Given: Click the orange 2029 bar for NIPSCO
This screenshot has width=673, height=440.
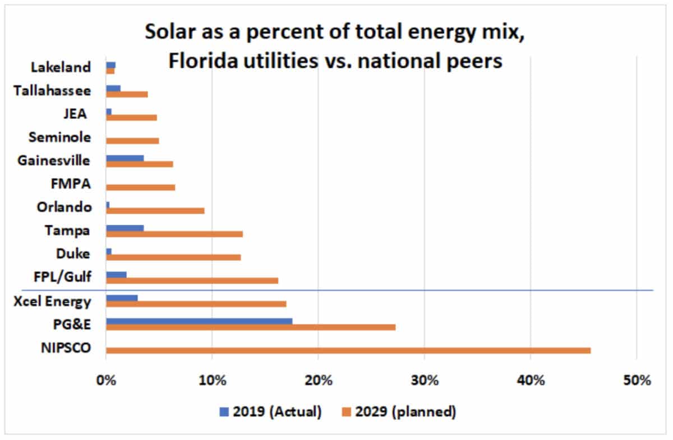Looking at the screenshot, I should point(348,350).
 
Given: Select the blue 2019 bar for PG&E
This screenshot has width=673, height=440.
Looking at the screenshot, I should point(199,321).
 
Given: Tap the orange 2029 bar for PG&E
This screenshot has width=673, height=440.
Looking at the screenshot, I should point(251,327).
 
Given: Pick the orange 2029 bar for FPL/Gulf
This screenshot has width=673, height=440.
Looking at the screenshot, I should point(192,280).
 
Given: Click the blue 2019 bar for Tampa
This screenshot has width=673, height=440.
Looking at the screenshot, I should point(125,228).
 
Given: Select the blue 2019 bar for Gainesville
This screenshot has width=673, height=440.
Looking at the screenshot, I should point(125,158).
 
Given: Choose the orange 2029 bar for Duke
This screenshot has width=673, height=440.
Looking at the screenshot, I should point(173,257).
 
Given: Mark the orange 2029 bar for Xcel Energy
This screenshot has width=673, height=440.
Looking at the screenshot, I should point(196,304).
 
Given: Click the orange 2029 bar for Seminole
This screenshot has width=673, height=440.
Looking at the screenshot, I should point(132,140).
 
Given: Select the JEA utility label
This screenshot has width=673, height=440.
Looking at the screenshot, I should point(75,114).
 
